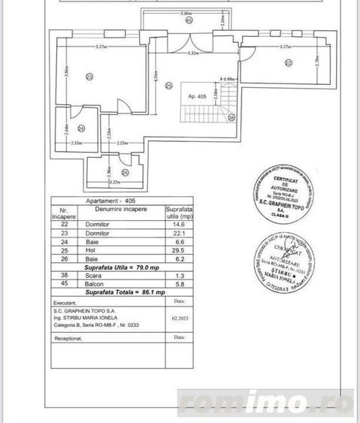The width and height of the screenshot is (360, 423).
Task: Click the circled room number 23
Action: [x=90, y=77]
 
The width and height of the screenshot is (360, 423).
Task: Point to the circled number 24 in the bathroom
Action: [x=82, y=128]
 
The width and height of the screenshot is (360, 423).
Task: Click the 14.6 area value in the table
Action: [x=178, y=224]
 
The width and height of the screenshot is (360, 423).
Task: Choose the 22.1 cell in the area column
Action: [x=178, y=233]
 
